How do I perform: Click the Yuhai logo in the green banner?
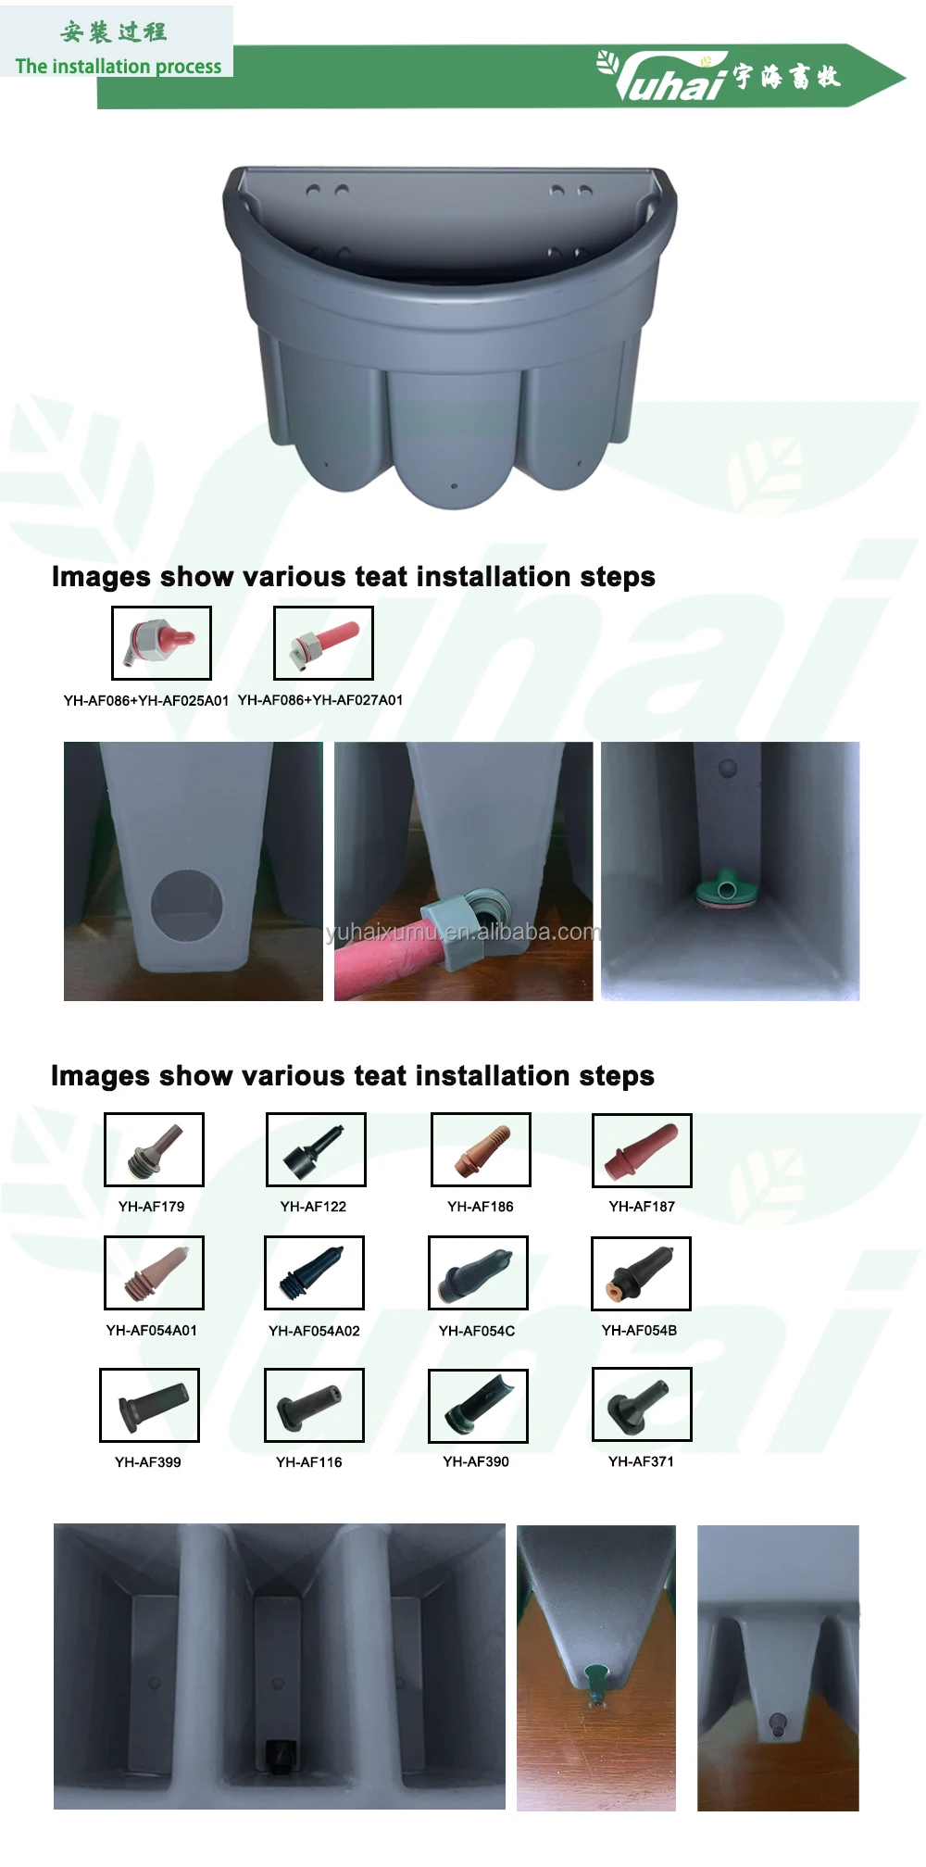click(719, 76)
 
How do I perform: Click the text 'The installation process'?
click(119, 67)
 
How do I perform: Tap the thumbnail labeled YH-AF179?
click(154, 1149)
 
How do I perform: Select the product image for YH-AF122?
click(316, 1149)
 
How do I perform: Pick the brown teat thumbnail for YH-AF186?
click(481, 1149)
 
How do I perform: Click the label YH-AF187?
click(642, 1207)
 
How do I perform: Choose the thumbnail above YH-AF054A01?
click(154, 1272)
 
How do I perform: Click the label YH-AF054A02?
click(314, 1331)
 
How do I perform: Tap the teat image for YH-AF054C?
click(478, 1272)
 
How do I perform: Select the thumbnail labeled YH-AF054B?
click(641, 1273)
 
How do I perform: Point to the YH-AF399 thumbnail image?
click(149, 1405)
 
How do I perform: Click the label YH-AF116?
click(309, 1462)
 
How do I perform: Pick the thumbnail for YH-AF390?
click(478, 1406)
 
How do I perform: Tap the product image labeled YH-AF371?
click(642, 1404)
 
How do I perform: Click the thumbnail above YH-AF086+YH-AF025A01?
click(161, 643)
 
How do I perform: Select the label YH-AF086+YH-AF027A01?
click(320, 700)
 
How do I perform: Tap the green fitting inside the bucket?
click(728, 888)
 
